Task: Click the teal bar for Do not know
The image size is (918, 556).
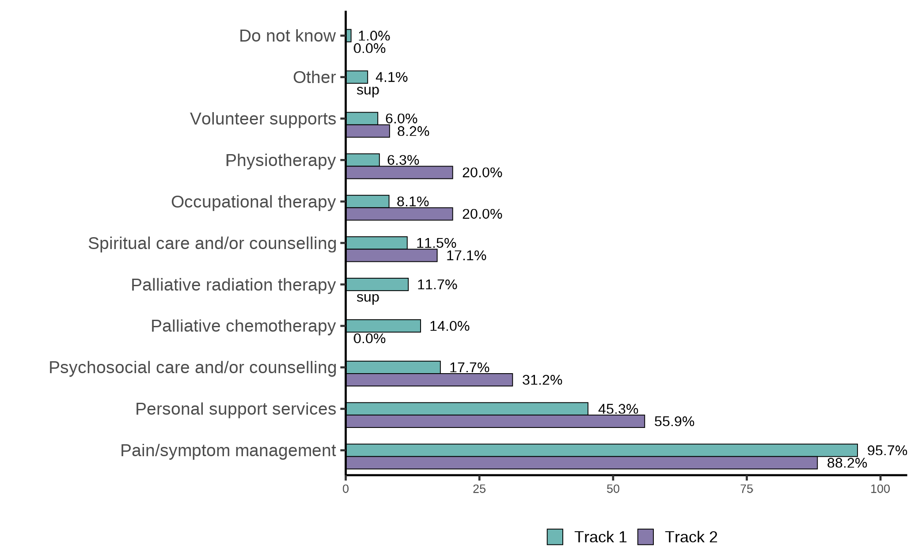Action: (349, 36)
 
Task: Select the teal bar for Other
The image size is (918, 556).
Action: (357, 77)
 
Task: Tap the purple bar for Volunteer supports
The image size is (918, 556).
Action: (368, 131)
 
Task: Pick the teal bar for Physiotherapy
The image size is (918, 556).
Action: (363, 160)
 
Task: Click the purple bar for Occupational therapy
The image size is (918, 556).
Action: (399, 214)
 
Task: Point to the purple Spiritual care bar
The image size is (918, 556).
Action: (391, 256)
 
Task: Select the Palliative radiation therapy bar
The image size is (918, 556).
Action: (377, 284)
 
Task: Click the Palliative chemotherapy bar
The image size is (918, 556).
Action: (383, 326)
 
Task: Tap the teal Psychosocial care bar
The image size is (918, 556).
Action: (393, 367)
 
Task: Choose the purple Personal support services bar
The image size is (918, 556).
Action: (495, 421)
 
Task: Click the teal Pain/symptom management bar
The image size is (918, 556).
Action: (602, 450)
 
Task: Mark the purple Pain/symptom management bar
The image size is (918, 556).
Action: (582, 463)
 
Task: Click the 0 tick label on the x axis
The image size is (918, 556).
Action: (345, 489)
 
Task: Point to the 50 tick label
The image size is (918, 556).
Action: (613, 489)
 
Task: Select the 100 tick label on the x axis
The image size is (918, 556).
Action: (880, 489)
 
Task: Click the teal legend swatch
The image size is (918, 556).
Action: (555, 537)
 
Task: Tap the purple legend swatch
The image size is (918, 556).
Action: (645, 537)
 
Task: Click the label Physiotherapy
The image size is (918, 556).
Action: (281, 160)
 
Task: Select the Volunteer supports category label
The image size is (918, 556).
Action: (263, 119)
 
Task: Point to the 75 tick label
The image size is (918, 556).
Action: (747, 489)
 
